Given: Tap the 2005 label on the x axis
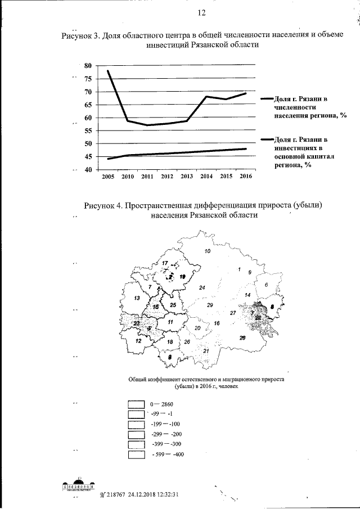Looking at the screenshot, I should tap(107, 177).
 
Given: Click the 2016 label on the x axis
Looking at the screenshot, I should tap(245, 177).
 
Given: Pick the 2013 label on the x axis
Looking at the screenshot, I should tap(186, 177).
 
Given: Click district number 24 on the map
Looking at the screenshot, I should tap(202, 288).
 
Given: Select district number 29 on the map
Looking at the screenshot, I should tap(209, 305).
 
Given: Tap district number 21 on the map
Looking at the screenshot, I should tap(206, 351).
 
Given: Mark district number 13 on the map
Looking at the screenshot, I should tap(137, 298).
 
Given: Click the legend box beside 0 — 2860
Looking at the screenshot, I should tap(137, 404).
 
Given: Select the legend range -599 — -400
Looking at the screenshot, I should tap(168, 454).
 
